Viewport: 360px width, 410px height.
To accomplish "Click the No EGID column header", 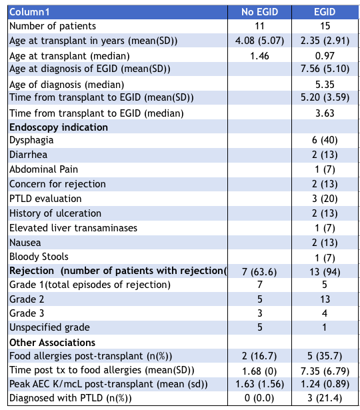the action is pos(259,12).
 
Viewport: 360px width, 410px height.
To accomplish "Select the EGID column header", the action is pos(325,12).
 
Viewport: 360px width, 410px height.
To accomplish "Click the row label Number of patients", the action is pos(53,26).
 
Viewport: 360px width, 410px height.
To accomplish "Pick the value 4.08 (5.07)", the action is pos(259,41).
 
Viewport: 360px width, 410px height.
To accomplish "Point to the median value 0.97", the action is pos(325,56).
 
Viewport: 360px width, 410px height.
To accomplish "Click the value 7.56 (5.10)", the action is pos(325,69).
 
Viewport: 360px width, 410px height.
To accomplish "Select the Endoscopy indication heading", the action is pos(59,127).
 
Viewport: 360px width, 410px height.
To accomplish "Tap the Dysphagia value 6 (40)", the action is pos(325,140).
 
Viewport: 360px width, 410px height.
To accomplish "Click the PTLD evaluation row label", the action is pos(45,199).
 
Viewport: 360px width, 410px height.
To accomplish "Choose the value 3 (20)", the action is pos(325,199).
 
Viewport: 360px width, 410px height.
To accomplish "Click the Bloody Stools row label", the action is pos(39,257).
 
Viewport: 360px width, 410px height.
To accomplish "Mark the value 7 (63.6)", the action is pos(259,272).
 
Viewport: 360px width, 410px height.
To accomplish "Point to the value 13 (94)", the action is pos(325,272).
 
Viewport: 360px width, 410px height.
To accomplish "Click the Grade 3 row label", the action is pos(27,313).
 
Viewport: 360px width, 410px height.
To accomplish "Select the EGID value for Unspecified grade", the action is pos(325,327).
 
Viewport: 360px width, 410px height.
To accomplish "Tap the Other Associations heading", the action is pos(52,343).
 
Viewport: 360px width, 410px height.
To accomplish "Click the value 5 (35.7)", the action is pos(325,356).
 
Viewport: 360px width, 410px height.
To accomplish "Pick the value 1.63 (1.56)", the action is pos(259,384).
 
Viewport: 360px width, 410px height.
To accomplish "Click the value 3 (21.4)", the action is pos(325,398).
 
